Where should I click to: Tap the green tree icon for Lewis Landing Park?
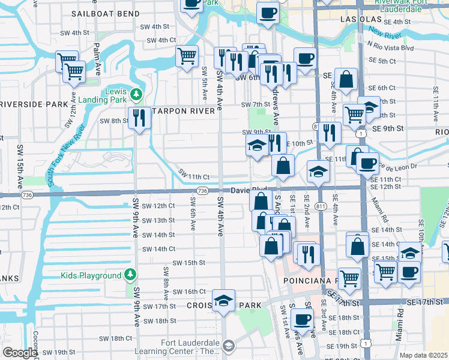[136, 94]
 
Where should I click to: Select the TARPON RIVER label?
[184, 111]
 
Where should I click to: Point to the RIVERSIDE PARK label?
[34, 104]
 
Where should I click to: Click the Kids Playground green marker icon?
[131, 275]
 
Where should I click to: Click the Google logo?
[20, 353]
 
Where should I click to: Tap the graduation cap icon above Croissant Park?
[223, 300]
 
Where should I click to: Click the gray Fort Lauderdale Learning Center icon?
[228, 345]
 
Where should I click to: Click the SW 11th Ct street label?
[194, 176]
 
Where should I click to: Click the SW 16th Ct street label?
[189, 292]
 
